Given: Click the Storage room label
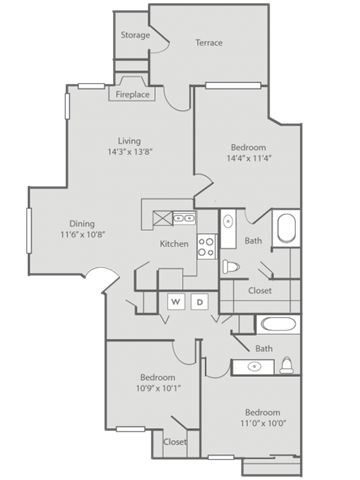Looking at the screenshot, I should tap(136, 35).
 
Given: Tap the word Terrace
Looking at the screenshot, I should tap(209, 43).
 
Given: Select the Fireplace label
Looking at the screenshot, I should tap(132, 95).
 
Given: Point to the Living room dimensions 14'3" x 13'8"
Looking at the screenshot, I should tap(129, 152).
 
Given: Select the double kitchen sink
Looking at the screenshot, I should tap(183, 217).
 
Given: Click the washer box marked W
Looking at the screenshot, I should tap(174, 301).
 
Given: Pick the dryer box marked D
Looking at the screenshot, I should tap(199, 301).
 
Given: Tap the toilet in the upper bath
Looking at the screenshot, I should tap(230, 266).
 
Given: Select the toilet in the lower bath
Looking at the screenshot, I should tap(287, 364).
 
